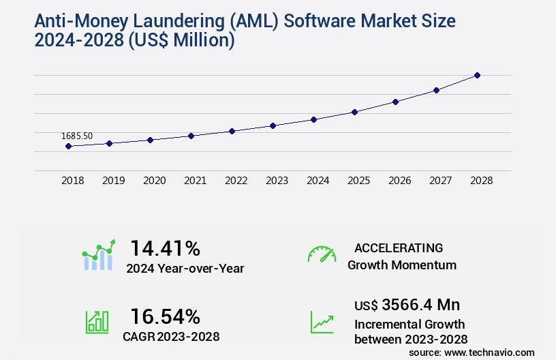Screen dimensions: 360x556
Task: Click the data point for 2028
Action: (477, 75)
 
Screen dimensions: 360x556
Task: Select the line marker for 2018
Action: (69, 146)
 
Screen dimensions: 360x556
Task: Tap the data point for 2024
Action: (313, 119)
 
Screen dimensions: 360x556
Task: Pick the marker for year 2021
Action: (191, 136)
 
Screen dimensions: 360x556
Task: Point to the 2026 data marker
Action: (395, 102)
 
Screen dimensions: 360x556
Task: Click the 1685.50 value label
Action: (77, 136)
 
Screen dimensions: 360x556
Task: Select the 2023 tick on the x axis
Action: (277, 181)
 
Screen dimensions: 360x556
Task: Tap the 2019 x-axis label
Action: (113, 181)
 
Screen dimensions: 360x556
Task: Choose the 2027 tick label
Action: (440, 181)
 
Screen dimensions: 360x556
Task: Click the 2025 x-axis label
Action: (358, 181)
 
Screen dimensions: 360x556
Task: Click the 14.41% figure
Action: (165, 248)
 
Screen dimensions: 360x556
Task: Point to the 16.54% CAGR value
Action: (165, 316)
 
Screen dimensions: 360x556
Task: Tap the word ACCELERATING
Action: (399, 248)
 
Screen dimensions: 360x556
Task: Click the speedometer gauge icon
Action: (322, 254)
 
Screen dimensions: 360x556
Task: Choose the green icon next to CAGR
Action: (97, 321)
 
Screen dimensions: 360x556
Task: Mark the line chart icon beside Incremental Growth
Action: (322, 321)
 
